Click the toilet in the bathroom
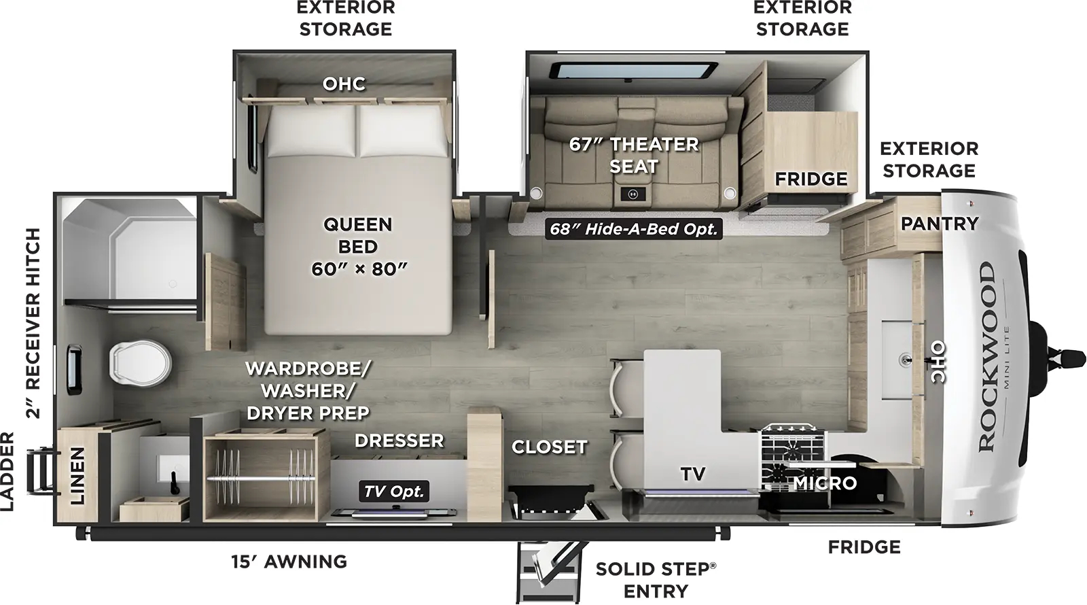139,363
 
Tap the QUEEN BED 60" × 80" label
358,246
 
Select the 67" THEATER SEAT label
633,155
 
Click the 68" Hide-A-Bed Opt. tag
633,229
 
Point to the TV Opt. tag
394,491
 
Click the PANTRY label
939,224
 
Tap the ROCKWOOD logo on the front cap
987,357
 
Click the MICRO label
825,483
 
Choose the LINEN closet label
77,476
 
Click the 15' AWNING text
289,561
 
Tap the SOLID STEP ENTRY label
656,579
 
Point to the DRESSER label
399,440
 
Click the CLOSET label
549,447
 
